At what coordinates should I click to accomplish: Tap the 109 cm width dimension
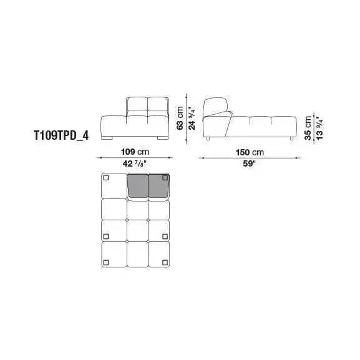pos(135,151)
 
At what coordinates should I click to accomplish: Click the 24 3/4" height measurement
pos(192,116)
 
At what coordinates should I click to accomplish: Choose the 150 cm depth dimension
pos(250,152)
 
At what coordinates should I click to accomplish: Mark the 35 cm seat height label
pos(307,129)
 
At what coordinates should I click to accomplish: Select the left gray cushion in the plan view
pos(137,186)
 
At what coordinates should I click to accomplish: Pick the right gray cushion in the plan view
pos(158,186)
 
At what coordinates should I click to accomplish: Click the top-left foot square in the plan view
pos(105,179)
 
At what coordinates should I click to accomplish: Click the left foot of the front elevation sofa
pos(110,137)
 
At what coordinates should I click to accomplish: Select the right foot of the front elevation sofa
pos(162,137)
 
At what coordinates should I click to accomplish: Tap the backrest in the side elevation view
pos(216,107)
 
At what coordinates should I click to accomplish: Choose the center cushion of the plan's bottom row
pos(137,255)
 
